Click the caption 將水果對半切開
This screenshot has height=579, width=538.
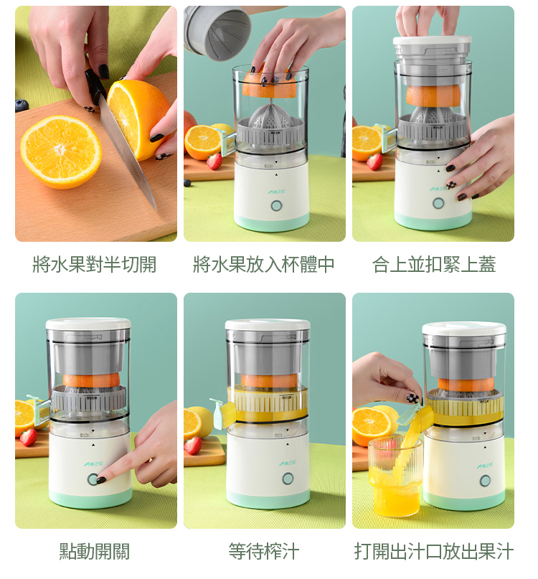[x=95, y=265]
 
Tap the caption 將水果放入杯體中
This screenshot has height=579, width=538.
[x=264, y=265]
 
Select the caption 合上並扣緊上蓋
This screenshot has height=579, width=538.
[x=434, y=265]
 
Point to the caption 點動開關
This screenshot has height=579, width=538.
[x=95, y=551]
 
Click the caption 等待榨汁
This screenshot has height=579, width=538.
[x=264, y=551]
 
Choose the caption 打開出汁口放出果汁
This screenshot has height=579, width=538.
[x=434, y=551]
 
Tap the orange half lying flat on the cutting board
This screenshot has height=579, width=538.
[x=61, y=151]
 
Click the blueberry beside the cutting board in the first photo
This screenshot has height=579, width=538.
[x=22, y=105]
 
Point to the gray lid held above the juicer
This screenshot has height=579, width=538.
[x=217, y=32]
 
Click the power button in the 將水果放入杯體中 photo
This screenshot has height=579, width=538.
[x=276, y=206]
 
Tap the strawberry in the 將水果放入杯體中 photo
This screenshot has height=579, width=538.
[x=214, y=161]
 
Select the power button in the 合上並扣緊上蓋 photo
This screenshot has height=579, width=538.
[x=438, y=203]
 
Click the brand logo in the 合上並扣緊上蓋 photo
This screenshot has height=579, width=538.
[x=438, y=189]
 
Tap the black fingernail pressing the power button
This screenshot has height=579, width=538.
[x=101, y=480]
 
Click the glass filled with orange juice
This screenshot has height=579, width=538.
[x=395, y=476]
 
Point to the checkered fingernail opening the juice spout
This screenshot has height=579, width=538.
[x=412, y=398]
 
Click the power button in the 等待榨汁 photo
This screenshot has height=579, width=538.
[x=288, y=479]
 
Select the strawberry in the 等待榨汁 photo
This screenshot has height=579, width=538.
[x=193, y=446]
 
